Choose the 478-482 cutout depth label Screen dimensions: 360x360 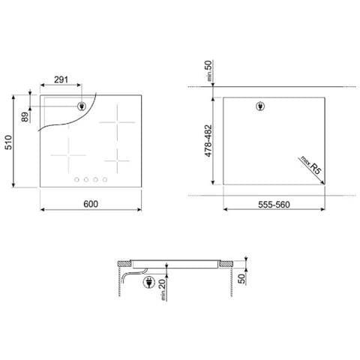[x=208, y=141]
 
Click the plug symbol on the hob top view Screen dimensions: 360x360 [x=80, y=106]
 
